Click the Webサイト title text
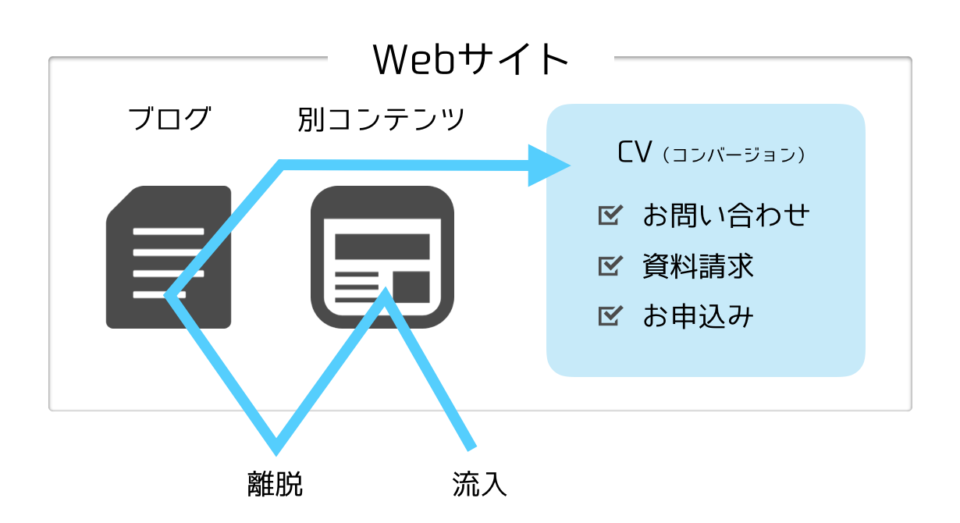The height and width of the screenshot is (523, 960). (x=471, y=59)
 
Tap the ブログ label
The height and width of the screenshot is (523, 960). (x=169, y=119)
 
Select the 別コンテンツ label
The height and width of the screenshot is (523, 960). (x=381, y=119)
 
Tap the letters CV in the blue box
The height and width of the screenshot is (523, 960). (x=635, y=151)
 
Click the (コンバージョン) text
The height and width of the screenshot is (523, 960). (x=734, y=155)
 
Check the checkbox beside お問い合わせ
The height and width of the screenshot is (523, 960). (x=610, y=215)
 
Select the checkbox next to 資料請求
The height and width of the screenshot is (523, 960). (x=610, y=265)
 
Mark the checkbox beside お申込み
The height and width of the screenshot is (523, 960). (x=610, y=316)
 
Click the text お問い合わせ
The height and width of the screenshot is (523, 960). (x=726, y=215)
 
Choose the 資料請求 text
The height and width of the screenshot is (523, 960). (x=698, y=265)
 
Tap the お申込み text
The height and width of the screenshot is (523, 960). (x=698, y=316)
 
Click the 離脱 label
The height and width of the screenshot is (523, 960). (x=276, y=484)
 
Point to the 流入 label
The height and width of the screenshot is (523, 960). (x=479, y=484)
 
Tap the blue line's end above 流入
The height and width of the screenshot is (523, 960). (x=471, y=448)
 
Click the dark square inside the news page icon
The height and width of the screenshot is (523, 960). (x=411, y=286)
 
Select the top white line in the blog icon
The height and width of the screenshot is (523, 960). (x=169, y=232)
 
